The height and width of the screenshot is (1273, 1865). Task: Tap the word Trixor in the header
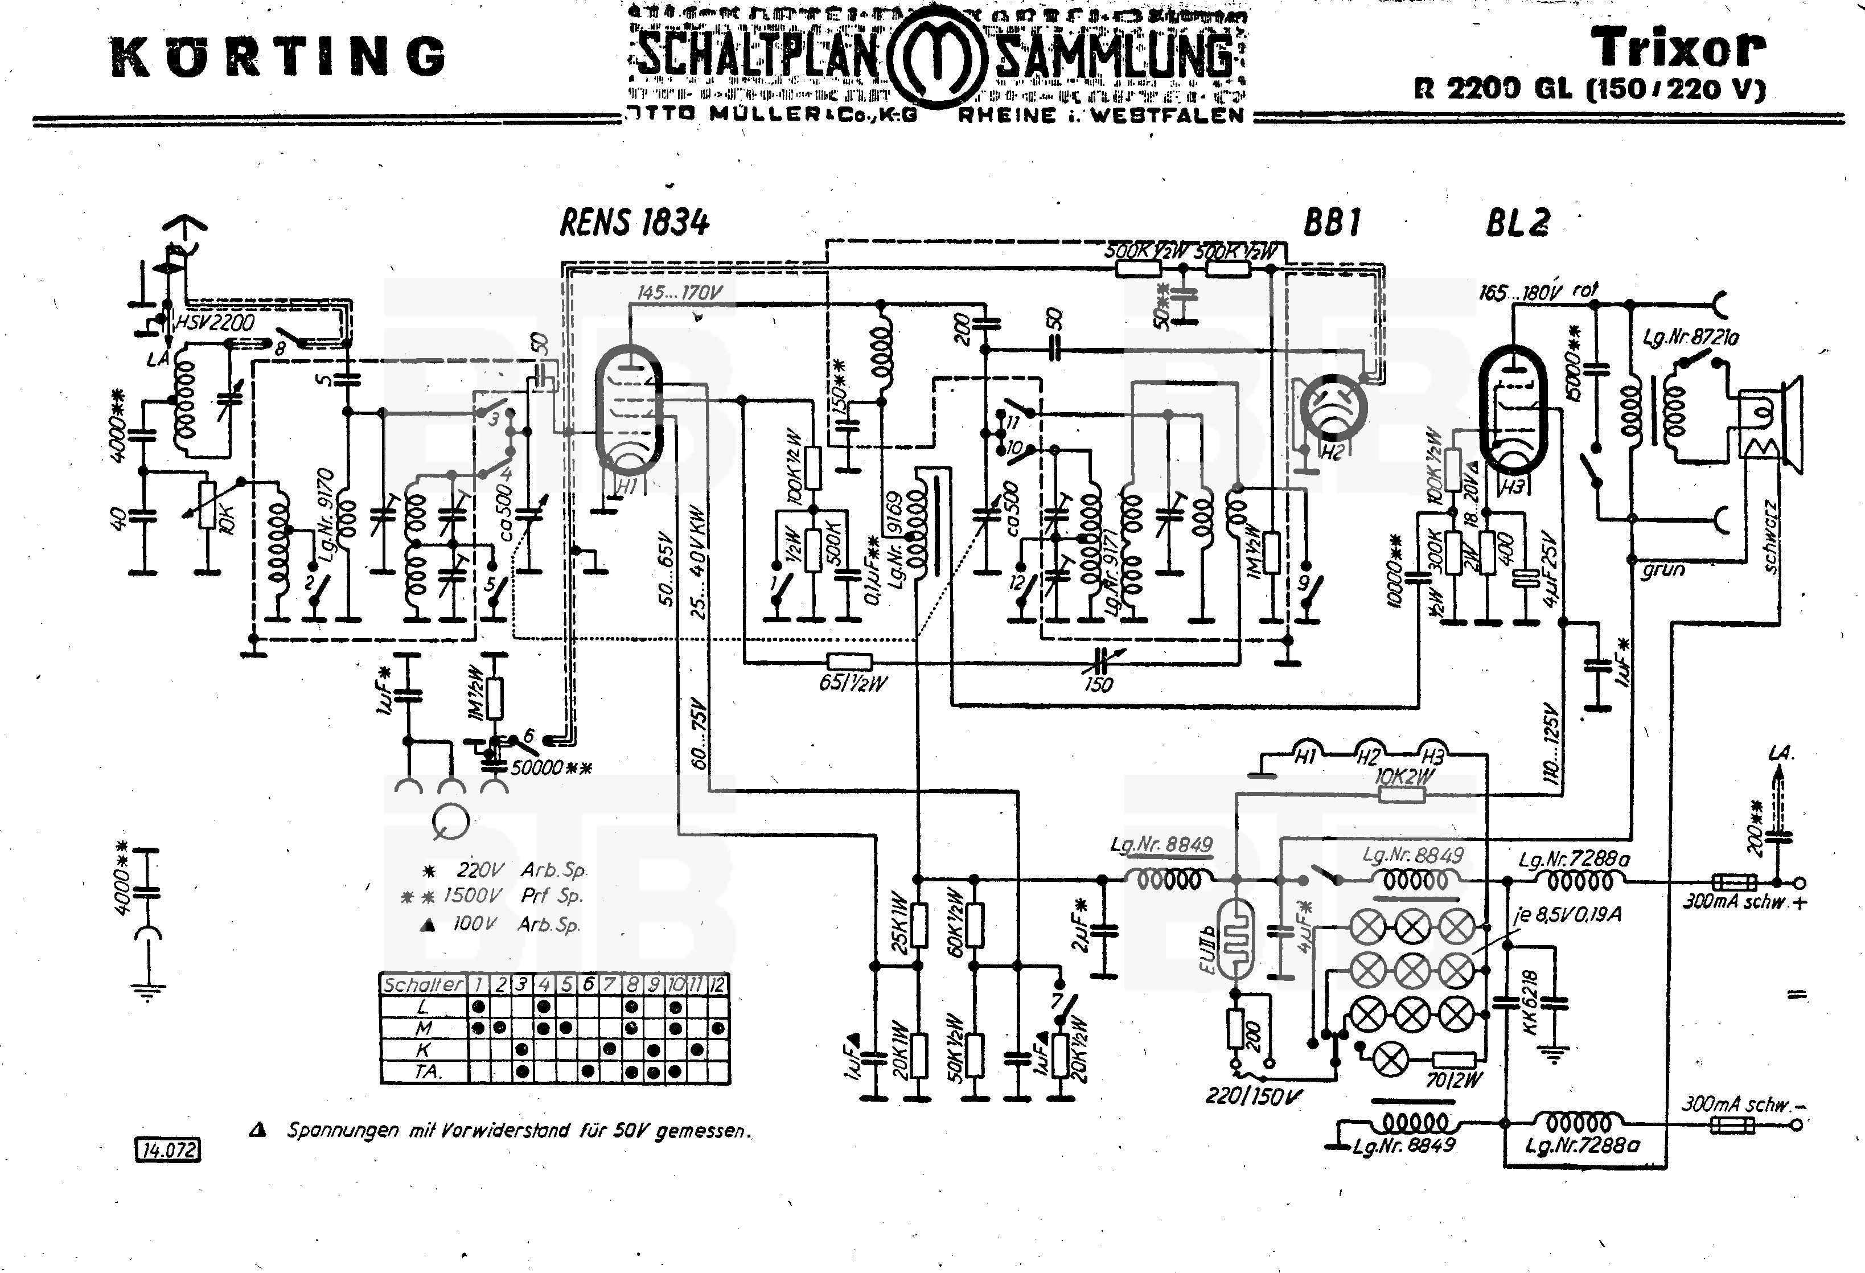1679,48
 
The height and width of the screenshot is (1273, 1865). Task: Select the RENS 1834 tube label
634,223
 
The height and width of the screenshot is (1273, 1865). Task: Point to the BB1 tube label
1332,223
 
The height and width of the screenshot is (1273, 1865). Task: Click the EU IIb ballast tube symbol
1236,939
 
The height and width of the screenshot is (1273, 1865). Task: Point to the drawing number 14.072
168,1150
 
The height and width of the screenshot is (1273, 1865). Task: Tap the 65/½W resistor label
853,683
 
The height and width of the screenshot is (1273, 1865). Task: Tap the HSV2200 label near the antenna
214,323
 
